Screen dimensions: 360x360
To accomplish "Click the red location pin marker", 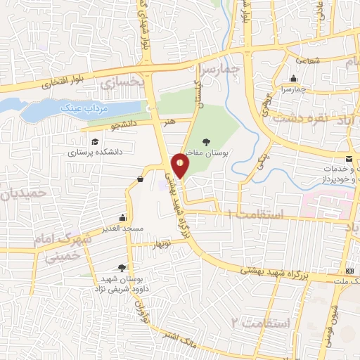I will tap(181, 165).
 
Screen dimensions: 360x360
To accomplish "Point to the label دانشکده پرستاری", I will tap(96, 152).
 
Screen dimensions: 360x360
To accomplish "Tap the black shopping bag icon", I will tap(140, 179).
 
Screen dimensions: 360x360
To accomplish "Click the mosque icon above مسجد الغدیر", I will tap(124, 217).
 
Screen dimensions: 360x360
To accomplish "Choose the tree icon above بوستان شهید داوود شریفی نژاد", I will tap(122, 267).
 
